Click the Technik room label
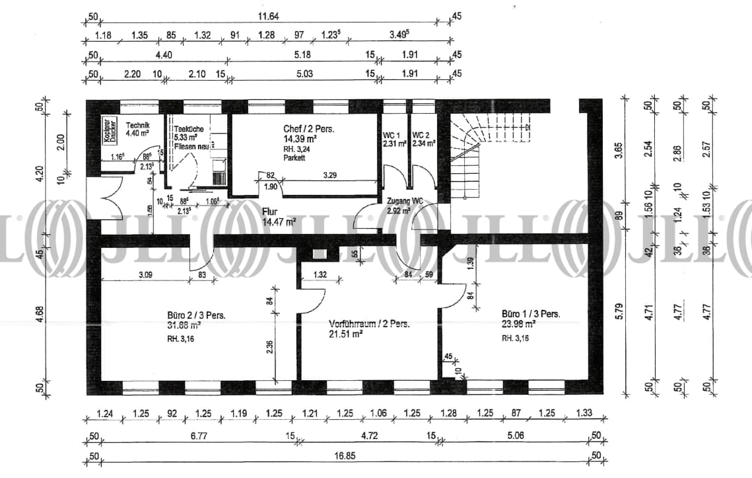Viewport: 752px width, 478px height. [138, 125]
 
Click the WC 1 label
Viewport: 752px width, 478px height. [392, 136]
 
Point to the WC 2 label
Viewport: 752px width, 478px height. [421, 136]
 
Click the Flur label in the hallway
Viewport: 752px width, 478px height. [271, 212]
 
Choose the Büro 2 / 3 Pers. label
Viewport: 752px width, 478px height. [197, 315]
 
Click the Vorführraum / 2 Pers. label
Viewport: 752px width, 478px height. [370, 324]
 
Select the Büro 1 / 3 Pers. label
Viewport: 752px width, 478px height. [531, 314]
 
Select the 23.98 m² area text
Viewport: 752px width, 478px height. [518, 324]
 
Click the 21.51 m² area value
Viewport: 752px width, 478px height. [346, 335]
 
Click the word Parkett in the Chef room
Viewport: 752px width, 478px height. [295, 159]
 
